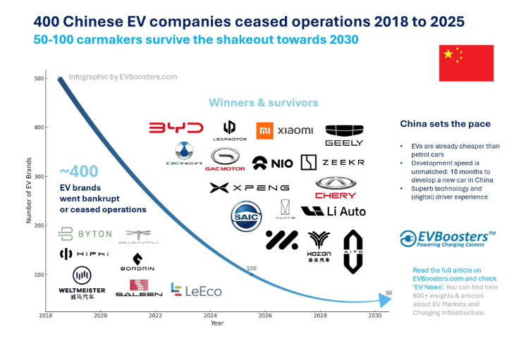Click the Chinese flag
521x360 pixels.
click(x=466, y=63)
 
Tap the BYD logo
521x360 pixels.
click(x=176, y=128)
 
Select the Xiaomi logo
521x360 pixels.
click(x=285, y=130)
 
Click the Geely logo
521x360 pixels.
click(x=344, y=135)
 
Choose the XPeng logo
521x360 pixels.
click(x=250, y=187)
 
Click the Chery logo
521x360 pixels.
click(x=336, y=187)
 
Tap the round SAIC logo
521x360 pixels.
click(x=246, y=216)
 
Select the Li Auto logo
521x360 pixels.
click(x=333, y=211)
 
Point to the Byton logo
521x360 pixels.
click(x=85, y=234)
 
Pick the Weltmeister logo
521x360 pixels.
click(x=82, y=281)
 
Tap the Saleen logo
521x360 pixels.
click(x=139, y=288)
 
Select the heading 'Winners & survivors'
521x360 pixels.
click(x=263, y=103)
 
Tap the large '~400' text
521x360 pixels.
click(x=78, y=171)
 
